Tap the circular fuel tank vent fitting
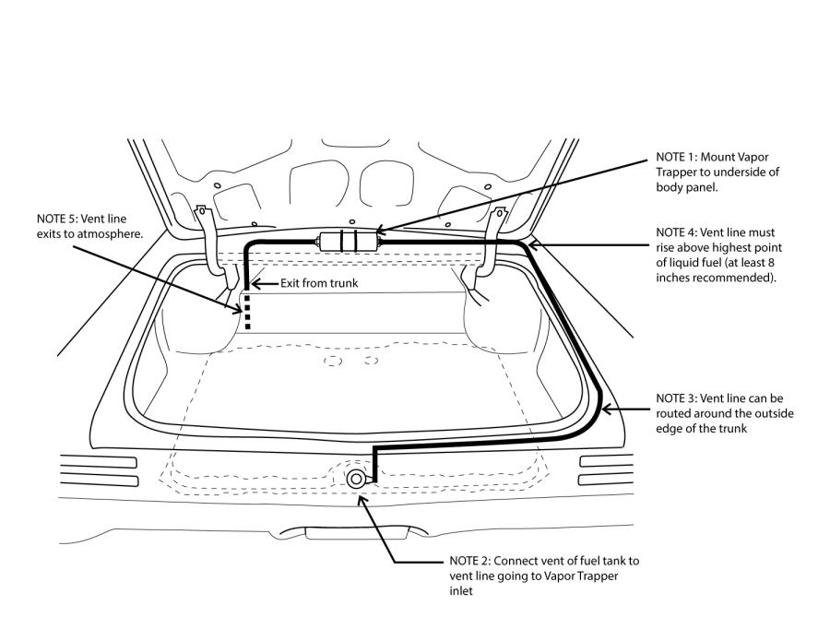click(x=358, y=478)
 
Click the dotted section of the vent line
click(x=247, y=313)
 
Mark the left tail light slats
click(x=97, y=469)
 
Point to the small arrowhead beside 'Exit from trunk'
click(x=258, y=284)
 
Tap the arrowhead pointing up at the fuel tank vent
click(x=362, y=498)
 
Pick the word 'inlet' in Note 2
click(x=462, y=592)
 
